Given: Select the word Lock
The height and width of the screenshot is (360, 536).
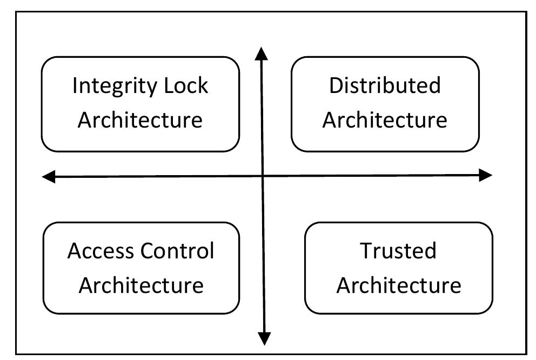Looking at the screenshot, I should [187, 86].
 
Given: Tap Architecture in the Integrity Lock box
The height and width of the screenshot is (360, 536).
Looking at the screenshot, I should [140, 119].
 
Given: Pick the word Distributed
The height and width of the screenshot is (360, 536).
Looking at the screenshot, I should [385, 85].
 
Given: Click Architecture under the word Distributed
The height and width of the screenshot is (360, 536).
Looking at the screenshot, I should [385, 119].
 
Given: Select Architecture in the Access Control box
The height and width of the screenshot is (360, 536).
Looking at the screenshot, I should [140, 284].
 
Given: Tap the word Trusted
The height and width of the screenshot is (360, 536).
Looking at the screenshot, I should [398, 251].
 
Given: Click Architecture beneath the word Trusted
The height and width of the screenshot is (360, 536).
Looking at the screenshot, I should [398, 284].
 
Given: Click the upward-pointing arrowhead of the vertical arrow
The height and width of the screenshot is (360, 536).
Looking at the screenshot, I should [262, 54].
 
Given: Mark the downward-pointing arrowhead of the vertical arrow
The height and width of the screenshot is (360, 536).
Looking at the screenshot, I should [264, 338].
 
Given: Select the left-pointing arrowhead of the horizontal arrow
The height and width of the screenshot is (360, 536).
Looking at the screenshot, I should [49, 176].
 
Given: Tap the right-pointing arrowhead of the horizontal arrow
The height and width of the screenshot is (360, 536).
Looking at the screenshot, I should [486, 175].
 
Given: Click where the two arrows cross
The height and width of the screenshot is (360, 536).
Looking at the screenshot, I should [263, 176].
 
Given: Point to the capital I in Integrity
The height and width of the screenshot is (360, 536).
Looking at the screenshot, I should [75, 86].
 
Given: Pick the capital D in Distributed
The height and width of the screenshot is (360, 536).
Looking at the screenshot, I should [336, 85].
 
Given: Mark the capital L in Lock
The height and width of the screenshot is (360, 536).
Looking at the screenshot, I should [170, 86].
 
